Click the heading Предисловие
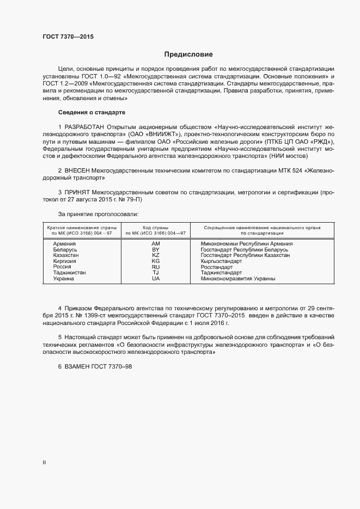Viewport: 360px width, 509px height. pos(188,54)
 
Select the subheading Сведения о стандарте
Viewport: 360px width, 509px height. pos(91,112)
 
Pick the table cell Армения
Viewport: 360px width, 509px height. pos(65,244)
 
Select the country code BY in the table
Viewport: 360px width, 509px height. pos(155,249)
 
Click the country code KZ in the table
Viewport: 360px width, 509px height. pos(155,255)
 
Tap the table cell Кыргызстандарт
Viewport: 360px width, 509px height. pos(221,261)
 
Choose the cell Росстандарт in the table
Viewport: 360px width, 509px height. pos(216,267)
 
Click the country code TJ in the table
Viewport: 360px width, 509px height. pos(155,273)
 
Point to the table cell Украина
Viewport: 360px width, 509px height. pos(64,279)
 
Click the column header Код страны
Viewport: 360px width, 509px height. pos(155,228)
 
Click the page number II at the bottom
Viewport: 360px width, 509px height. pos(44,463)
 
